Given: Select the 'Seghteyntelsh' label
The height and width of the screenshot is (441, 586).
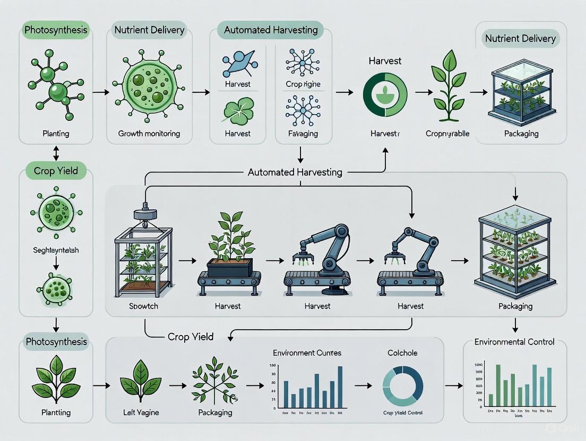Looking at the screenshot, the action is click(56, 250).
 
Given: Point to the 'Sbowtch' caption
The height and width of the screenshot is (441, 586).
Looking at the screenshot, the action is click(143, 306).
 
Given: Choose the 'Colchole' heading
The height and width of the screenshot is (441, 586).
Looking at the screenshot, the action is click(402, 353).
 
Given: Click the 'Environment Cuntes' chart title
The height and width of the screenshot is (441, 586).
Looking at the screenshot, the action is click(307, 352).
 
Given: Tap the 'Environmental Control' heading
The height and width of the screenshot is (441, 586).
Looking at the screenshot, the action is click(514, 342).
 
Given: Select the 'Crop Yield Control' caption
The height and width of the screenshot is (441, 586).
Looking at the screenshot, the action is click(402, 412).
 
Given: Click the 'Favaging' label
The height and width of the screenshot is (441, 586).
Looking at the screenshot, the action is click(303, 134).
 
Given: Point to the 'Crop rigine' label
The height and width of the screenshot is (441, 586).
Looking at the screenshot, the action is click(303, 84).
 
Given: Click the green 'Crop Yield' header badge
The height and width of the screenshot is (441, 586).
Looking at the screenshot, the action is click(56, 171).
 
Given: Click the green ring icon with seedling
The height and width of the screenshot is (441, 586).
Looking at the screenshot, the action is click(385, 94).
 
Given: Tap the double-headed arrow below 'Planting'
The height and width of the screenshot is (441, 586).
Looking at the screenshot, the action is click(56, 154).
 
